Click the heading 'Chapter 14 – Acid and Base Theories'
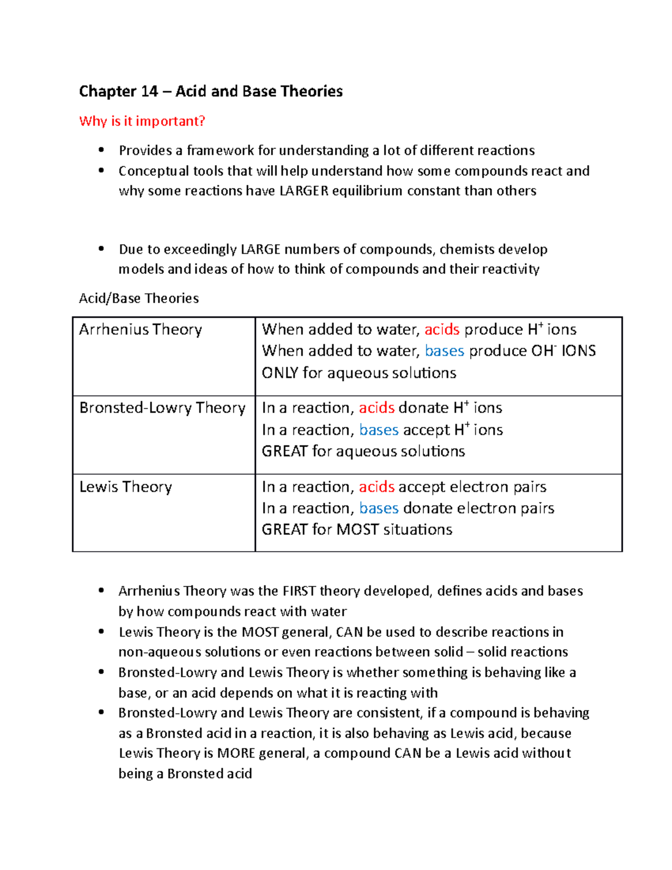(x=211, y=91)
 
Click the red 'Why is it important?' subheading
(x=142, y=121)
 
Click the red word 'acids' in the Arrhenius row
(x=442, y=329)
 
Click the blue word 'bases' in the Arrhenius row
(x=444, y=351)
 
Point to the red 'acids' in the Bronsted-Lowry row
(x=376, y=408)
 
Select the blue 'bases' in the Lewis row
(x=379, y=508)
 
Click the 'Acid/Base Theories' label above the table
(x=139, y=298)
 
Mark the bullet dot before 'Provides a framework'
(x=101, y=150)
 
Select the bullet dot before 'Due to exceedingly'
(x=101, y=249)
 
